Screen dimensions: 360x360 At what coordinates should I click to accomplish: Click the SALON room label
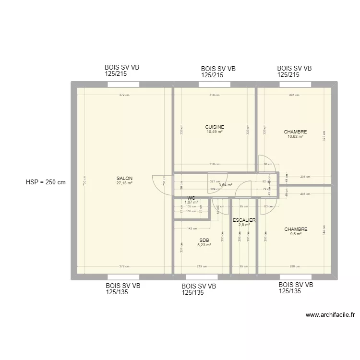click(124, 178)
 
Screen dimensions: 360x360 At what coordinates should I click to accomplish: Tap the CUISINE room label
click(215, 127)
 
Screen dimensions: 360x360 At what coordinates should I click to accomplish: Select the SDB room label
click(204, 240)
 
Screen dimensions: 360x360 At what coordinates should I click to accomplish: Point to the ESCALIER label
click(244, 220)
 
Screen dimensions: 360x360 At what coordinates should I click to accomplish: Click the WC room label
click(191, 198)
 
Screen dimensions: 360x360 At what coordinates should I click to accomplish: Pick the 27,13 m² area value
click(124, 183)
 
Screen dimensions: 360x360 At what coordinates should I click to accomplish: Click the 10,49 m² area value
click(215, 132)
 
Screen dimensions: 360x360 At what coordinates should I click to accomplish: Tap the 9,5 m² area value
click(296, 234)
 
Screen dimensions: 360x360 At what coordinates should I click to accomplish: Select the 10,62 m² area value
click(295, 137)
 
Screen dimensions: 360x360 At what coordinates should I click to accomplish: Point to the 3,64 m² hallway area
click(226, 185)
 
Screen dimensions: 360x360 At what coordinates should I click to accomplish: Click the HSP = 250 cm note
click(46, 182)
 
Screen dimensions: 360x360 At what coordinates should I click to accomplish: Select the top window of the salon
click(123, 84)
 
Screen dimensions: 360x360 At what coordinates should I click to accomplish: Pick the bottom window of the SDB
click(201, 277)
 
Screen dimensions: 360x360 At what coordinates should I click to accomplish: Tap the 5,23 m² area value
click(204, 245)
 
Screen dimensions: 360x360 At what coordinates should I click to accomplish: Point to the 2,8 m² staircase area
click(244, 225)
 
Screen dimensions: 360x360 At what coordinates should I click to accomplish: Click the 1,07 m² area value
click(191, 203)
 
